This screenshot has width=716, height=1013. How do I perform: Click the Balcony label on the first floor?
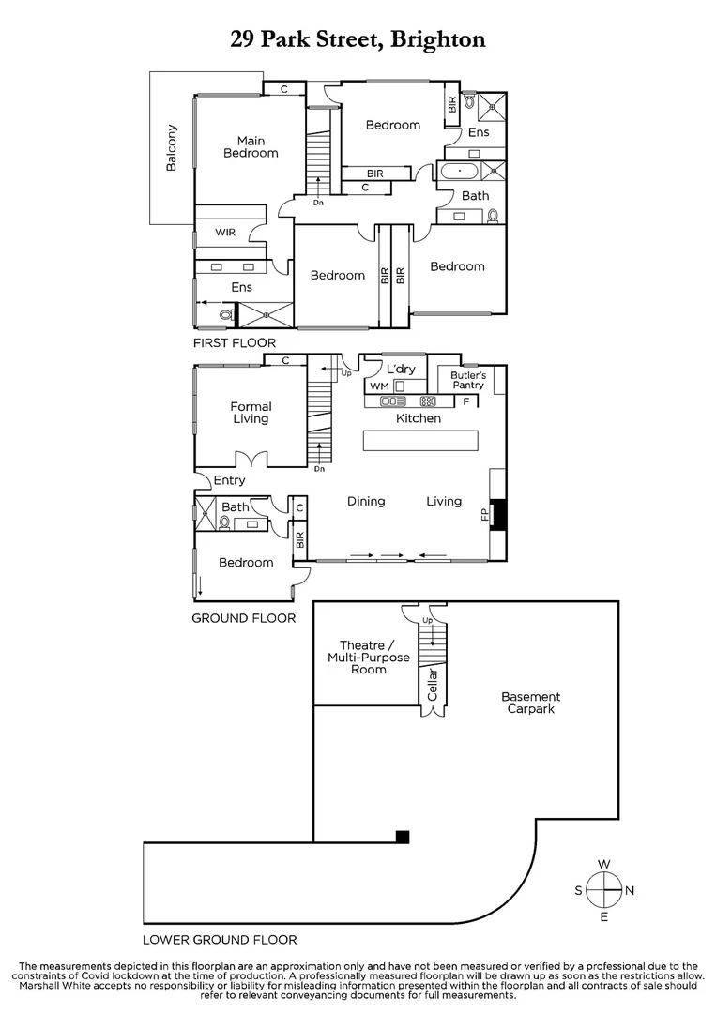tap(172, 148)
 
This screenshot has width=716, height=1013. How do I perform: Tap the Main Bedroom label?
tap(251, 147)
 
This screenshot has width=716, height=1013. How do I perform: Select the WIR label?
tap(225, 232)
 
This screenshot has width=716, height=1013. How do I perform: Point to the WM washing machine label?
tap(378, 386)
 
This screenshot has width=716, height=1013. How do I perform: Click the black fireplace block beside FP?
tap(499, 514)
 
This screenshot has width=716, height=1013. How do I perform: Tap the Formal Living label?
tap(251, 413)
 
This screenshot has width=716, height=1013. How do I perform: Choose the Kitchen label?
tap(418, 418)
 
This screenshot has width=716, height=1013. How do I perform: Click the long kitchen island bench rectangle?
tap(420, 441)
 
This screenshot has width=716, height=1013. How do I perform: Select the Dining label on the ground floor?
tap(366, 501)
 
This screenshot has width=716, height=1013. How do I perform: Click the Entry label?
tap(229, 480)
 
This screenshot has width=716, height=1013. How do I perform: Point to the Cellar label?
tap(433, 685)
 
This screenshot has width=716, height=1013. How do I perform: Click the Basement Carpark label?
tap(530, 703)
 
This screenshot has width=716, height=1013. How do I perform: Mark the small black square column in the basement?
tap(403, 837)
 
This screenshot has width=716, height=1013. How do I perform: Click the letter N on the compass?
tap(630, 890)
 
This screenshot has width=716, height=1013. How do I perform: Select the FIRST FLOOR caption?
tap(235, 343)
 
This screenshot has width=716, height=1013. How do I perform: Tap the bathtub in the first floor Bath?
tap(460, 172)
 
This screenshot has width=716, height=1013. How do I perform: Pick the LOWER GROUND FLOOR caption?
tap(220, 939)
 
